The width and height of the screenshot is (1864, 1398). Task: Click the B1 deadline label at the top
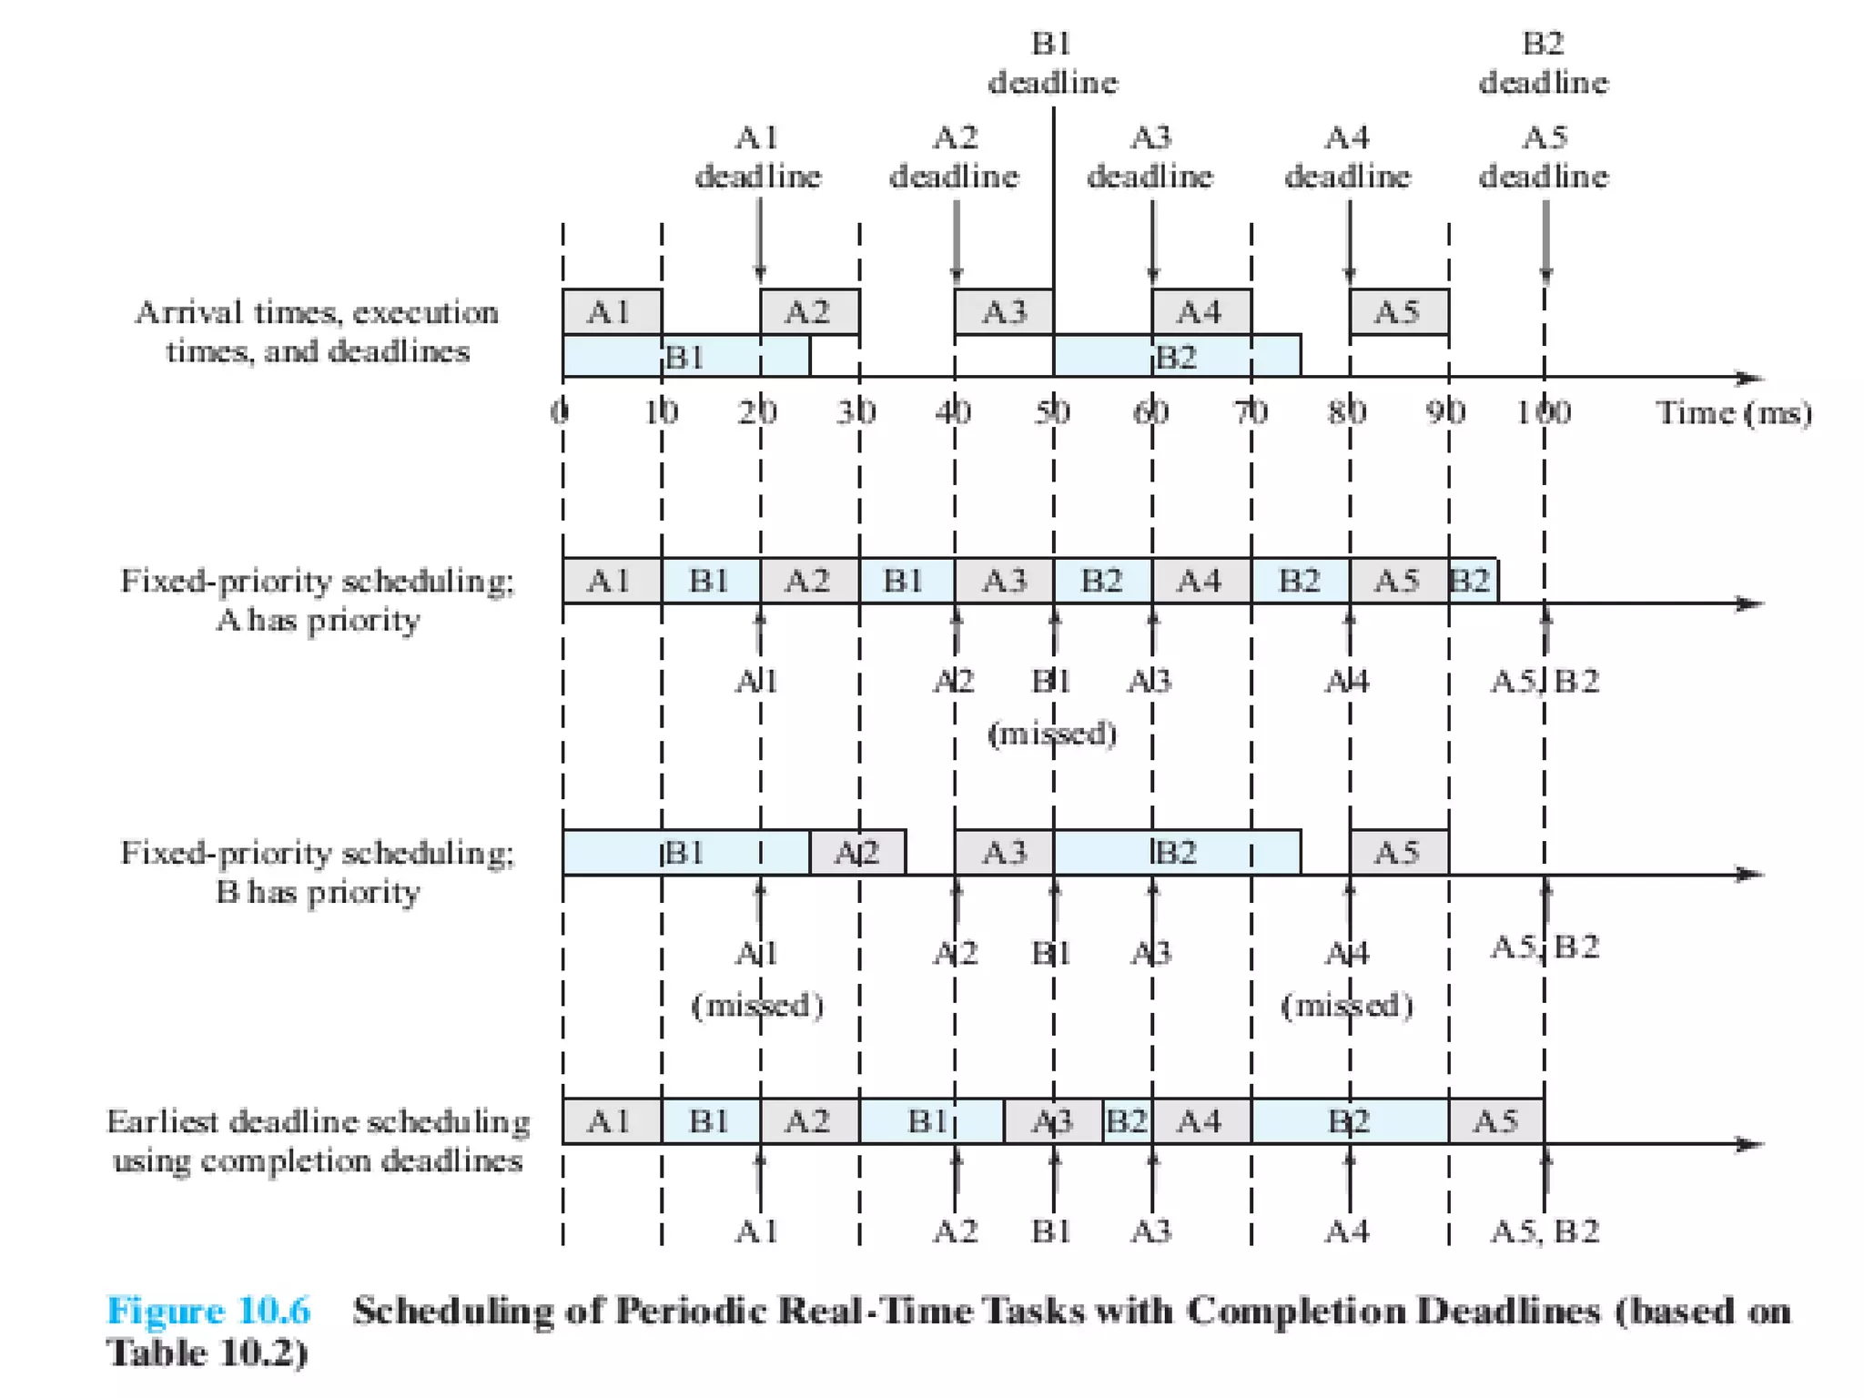(x=1052, y=64)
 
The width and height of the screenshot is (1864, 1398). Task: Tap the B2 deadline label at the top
(x=1544, y=64)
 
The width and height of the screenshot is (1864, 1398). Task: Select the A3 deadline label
(x=1150, y=157)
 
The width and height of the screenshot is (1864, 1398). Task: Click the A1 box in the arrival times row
(x=611, y=312)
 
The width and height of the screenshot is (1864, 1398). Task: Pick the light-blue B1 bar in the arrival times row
(x=685, y=357)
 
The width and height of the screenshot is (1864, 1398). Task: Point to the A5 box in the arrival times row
(x=1398, y=312)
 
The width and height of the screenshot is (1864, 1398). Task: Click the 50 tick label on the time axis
(x=1052, y=412)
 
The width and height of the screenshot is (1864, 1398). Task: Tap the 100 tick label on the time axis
(x=1544, y=412)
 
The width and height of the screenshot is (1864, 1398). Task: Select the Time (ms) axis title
(x=1734, y=412)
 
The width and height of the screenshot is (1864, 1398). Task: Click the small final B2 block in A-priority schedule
(x=1473, y=580)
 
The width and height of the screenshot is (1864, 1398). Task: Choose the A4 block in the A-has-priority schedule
(x=1200, y=580)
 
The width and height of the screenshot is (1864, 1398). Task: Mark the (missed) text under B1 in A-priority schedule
(x=1052, y=733)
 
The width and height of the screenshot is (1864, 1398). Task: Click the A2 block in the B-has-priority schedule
(x=857, y=853)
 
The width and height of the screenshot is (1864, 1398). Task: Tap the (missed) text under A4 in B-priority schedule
(x=1347, y=1005)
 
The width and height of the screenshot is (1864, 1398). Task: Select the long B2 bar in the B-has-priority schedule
(x=1177, y=853)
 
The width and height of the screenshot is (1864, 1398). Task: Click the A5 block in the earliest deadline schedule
(x=1496, y=1121)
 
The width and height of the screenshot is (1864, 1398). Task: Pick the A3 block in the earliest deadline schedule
(x=1053, y=1121)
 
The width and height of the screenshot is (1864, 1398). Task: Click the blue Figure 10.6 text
(x=208, y=1311)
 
